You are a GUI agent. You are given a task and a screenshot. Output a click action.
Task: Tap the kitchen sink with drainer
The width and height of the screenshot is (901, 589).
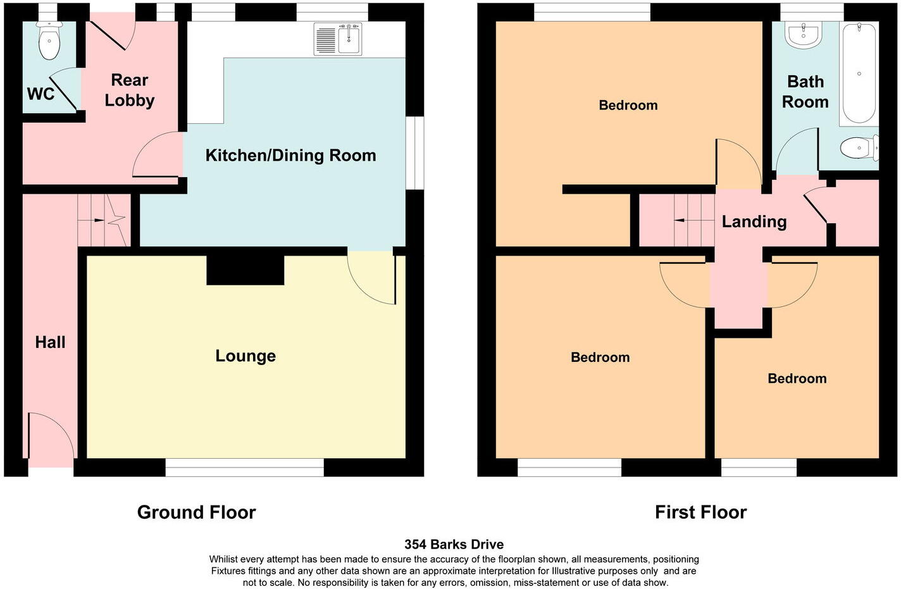(338, 39)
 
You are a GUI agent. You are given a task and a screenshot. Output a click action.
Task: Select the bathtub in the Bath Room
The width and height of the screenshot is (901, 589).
(859, 73)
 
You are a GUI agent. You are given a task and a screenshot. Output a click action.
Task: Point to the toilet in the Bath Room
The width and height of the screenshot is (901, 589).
(858, 148)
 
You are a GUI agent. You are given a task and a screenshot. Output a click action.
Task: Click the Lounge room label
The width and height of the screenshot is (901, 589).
(245, 356)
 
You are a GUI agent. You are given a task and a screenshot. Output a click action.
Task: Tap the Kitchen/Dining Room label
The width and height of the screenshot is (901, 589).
(290, 155)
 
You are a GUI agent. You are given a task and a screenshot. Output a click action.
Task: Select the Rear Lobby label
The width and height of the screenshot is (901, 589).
(129, 90)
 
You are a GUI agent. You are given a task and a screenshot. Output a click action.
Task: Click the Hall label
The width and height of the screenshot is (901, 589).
(50, 342)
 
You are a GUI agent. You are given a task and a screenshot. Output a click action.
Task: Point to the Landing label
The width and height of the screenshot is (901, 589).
(754, 221)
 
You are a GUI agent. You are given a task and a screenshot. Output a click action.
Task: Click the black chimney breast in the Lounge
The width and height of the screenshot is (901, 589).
(245, 270)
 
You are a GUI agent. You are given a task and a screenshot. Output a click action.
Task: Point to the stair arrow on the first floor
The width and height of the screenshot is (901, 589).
(680, 220)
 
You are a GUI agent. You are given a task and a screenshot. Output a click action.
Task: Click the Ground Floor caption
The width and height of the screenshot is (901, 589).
(196, 512)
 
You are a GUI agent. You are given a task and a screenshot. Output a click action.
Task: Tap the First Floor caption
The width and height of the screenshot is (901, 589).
(700, 512)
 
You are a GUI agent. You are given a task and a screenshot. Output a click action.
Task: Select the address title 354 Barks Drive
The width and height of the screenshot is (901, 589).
(454, 544)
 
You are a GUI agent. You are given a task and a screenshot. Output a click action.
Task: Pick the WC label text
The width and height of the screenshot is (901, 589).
(40, 94)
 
